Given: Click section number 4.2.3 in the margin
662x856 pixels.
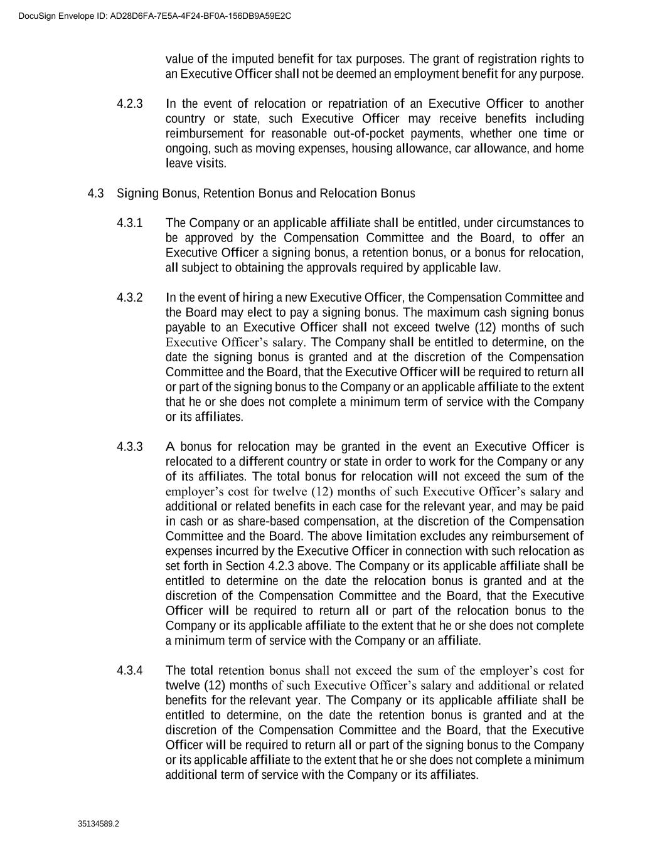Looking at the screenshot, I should coord(130,103).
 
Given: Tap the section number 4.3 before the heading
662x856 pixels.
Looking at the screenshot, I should coord(96,193).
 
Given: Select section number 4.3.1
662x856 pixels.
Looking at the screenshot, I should coord(130,223).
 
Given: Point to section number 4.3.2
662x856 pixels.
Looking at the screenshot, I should coord(130,297).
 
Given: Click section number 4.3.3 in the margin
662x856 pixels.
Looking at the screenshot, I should coord(130,447).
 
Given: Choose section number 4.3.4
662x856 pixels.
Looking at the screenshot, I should coord(130,670).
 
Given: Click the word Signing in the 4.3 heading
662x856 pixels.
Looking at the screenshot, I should coord(137,193).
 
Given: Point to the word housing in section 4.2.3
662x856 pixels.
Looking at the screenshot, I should coord(371,149).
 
